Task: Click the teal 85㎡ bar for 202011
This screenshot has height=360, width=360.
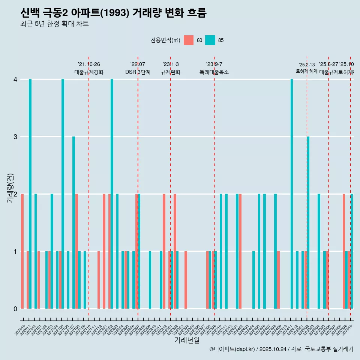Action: tap(30, 194)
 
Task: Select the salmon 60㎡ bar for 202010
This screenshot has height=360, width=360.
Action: tap(22, 251)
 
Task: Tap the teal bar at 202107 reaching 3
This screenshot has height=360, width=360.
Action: tap(73, 222)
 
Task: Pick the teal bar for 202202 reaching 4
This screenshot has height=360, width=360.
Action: tap(112, 194)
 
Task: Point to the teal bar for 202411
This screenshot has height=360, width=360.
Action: tap(292, 194)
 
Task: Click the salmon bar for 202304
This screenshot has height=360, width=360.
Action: tap(186, 280)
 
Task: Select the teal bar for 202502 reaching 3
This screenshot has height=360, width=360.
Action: tap(308, 222)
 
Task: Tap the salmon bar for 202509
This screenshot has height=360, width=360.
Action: tap(343, 251)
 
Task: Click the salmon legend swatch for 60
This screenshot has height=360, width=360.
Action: tap(189, 40)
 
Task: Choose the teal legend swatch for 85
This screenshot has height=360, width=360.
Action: tap(210, 40)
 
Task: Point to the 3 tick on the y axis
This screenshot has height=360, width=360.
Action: tap(15, 136)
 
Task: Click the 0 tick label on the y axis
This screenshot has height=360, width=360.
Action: tap(15, 309)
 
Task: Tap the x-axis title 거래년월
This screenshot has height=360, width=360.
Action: tap(187, 340)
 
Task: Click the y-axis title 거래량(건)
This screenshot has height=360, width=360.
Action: tap(10, 187)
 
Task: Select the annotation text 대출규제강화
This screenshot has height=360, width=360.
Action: tap(89, 72)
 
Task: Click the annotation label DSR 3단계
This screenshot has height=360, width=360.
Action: tap(138, 72)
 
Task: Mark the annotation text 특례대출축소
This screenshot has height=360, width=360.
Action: tap(214, 72)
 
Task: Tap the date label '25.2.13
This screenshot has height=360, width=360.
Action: tap(307, 65)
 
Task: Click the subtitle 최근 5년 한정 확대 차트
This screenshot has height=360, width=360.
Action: tap(55, 24)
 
